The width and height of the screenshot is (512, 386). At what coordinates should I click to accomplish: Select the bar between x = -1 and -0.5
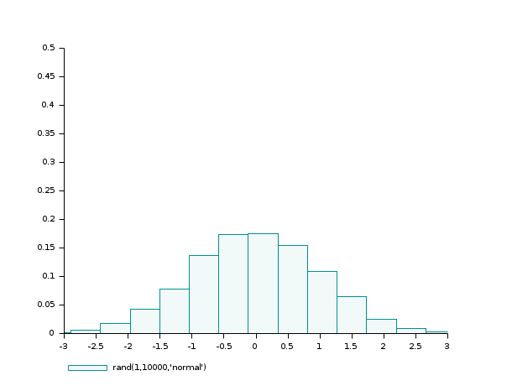203,295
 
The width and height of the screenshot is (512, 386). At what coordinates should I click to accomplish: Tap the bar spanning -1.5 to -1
174,311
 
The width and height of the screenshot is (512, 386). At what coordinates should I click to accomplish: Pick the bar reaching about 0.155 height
292,289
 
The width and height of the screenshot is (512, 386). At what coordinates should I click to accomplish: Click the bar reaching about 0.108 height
321,302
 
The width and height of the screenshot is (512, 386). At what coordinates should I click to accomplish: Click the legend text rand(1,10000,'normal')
159,368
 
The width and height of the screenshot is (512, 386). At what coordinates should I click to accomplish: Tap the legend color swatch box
87,368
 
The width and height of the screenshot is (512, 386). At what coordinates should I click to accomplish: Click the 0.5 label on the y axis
49,48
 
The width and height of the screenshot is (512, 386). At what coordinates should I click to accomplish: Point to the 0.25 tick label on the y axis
46,190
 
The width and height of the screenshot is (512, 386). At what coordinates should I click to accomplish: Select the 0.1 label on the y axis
49,276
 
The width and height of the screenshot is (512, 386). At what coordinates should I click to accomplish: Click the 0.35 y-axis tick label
46,133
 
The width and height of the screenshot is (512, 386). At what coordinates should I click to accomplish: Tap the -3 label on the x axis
64,345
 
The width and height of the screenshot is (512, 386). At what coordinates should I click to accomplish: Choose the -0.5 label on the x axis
223,345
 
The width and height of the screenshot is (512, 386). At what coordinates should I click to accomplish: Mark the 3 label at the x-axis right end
447,345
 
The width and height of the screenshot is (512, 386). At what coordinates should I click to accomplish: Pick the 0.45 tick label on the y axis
46,76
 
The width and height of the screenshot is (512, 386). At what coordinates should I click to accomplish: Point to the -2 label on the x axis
128,345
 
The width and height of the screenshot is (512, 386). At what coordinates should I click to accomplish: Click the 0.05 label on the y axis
46,305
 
